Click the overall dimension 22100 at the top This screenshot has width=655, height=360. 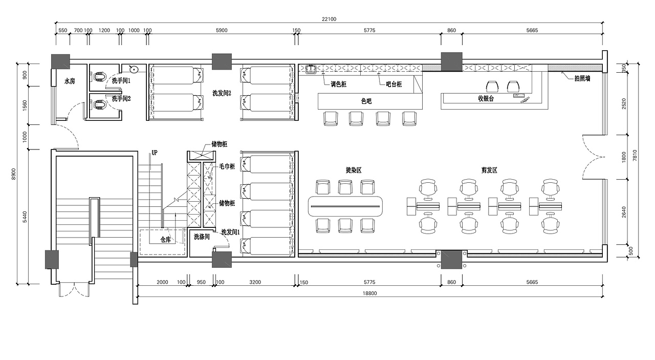click(329, 19)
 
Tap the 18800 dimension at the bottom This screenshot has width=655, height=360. click(369, 293)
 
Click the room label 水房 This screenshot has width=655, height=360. click(70, 81)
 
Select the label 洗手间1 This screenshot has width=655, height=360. click(121, 80)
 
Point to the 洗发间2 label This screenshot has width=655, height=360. click(222, 93)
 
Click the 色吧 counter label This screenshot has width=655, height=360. click(366, 101)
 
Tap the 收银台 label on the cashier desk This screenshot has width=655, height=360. click(486, 98)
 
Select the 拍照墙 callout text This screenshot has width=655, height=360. click(582, 78)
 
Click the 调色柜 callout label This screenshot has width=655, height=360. click(338, 84)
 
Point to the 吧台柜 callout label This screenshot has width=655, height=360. click(394, 84)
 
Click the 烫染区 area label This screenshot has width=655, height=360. click(354, 170)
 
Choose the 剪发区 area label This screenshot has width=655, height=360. click(489, 170)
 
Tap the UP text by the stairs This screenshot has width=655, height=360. click(155, 153)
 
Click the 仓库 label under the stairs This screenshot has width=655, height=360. click(165, 240)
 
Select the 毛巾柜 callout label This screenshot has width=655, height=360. click(227, 166)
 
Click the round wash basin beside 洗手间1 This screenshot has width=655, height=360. click(134, 69)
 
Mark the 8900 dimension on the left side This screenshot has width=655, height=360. click(14, 174)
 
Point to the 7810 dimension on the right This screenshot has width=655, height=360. click(635, 155)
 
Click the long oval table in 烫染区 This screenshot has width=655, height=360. click(345, 206)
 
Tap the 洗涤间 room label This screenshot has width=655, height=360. click(202, 237)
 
